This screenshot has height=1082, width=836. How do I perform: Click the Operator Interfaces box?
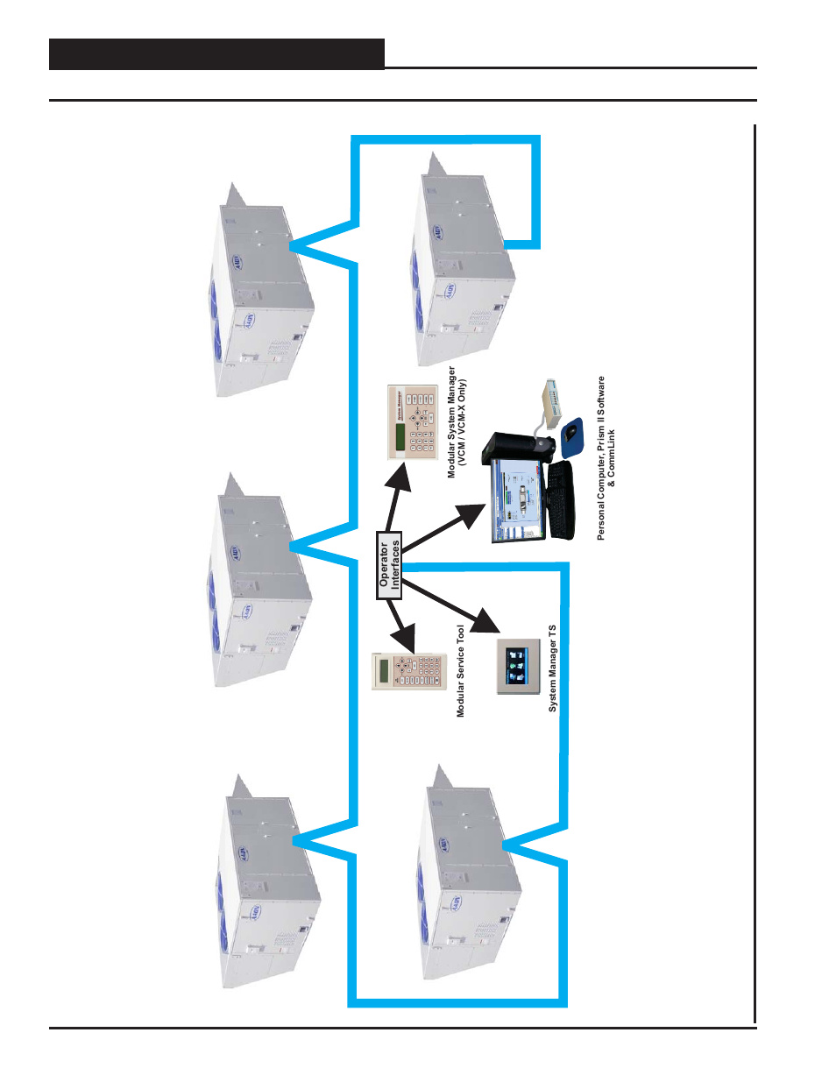point(389,565)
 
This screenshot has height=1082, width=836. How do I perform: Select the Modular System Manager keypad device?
point(412,421)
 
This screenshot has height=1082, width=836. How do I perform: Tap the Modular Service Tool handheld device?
point(409,671)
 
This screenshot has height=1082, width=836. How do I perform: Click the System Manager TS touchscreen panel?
point(518,666)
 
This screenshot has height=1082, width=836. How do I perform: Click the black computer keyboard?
point(561,499)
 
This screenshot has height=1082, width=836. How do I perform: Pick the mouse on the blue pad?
point(572,434)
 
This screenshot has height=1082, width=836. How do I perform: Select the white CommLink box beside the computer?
point(550,402)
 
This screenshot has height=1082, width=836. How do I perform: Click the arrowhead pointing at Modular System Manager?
point(401,482)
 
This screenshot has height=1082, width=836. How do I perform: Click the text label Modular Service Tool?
point(461,671)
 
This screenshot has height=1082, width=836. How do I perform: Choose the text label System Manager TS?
point(552,668)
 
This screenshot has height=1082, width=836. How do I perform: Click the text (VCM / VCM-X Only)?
point(463,422)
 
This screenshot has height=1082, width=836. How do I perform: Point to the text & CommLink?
point(612,457)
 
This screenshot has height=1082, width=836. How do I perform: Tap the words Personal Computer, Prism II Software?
point(601,457)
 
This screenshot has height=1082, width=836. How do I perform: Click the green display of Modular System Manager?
point(400,434)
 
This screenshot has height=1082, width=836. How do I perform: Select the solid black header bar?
point(216,54)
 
